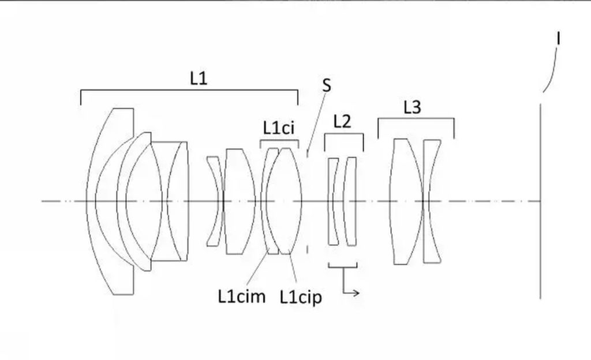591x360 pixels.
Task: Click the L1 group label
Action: click(199, 78)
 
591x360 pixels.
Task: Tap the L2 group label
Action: click(342, 122)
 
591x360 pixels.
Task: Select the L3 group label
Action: click(412, 108)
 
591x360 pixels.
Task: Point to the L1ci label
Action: click(279, 128)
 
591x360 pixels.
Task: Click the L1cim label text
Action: click(242, 297)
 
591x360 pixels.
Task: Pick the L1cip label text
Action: click(301, 298)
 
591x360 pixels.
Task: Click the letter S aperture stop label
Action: click(327, 85)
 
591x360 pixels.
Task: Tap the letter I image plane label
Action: click(558, 39)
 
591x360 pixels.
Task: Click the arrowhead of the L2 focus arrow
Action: click(357, 292)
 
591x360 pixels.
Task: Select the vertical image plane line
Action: click(540, 201)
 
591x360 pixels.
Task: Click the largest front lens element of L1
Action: click(110, 201)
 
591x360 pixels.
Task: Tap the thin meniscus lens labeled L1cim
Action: click(270, 201)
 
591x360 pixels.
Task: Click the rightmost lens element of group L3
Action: click(432, 201)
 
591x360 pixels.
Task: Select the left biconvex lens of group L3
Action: click(406, 201)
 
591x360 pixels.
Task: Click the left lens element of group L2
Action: click(333, 201)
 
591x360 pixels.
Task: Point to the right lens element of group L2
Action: click(350, 201)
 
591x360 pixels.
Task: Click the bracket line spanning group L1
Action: click(189, 91)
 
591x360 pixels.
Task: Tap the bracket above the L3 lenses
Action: click(416, 119)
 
